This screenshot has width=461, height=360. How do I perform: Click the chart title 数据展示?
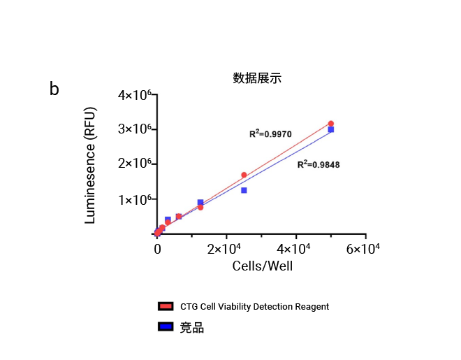pos(257,78)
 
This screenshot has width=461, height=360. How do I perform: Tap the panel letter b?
pos(54,89)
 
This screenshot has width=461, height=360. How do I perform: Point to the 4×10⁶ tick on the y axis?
pos(135,95)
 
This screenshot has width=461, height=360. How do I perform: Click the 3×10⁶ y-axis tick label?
pos(135,129)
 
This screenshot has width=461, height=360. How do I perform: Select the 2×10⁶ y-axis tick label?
pos(135,164)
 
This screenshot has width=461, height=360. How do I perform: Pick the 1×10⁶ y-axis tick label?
pos(135,200)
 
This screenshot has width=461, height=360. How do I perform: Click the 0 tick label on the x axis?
pos(157,249)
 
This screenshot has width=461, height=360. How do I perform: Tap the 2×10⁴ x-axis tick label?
pos(226,249)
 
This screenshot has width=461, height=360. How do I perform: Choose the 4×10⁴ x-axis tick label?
pos(296,249)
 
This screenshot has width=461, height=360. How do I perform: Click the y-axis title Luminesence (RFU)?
pos(89,166)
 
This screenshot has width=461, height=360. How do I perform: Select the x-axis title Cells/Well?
pos(262,266)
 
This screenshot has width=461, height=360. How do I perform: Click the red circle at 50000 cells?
pos(330,124)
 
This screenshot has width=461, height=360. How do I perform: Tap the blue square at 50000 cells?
pos(330,129)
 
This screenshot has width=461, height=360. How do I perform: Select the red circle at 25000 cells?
pos(244,175)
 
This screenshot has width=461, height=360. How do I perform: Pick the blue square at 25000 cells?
pos(244,190)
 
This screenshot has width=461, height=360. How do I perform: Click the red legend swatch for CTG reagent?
pos(166,306)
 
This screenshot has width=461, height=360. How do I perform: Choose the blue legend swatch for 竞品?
pos(166,327)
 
